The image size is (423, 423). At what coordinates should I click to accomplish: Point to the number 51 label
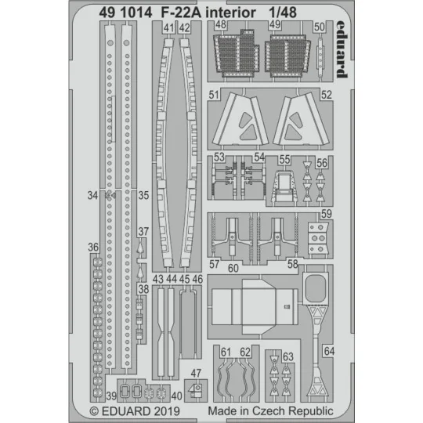tap(214, 95)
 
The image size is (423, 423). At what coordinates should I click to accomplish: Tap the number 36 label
tap(94, 248)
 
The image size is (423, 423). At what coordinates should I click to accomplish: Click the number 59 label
tap(326, 214)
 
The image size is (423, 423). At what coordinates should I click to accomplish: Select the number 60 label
tap(233, 268)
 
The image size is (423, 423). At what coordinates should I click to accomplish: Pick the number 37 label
tap(142, 231)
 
